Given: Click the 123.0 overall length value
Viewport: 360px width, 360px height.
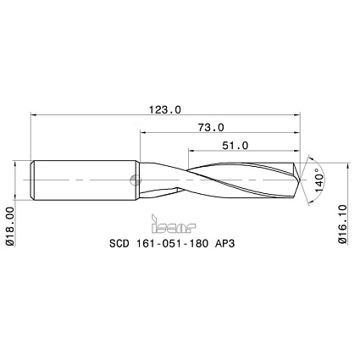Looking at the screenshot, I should click(166, 109).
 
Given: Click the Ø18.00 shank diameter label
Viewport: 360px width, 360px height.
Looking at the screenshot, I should click(9, 225).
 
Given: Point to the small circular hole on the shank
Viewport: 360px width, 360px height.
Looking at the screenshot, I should click(134, 178).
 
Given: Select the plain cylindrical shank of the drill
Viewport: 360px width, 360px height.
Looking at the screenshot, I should click(85, 179).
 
